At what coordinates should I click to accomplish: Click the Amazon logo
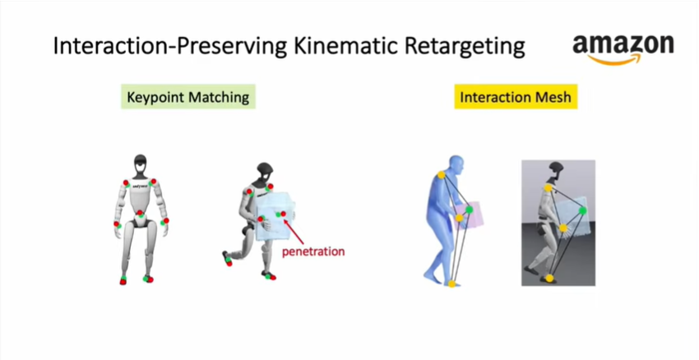click(623, 48)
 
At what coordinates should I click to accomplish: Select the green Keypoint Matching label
click(187, 96)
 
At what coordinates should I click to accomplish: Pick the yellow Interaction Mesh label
click(516, 96)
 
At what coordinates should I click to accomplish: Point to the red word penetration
click(313, 252)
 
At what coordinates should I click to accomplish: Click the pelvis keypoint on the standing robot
click(140, 214)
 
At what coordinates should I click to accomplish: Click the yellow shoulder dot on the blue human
click(441, 174)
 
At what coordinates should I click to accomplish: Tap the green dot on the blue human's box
click(469, 209)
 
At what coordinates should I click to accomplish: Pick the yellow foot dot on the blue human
click(451, 284)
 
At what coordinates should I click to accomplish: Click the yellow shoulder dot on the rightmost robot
click(548, 188)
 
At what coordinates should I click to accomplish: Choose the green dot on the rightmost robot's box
click(582, 210)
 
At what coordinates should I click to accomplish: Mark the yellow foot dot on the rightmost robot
click(549, 278)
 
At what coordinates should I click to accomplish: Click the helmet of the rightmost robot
click(557, 169)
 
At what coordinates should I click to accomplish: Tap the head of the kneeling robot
click(265, 173)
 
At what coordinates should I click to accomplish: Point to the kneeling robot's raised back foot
click(227, 258)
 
